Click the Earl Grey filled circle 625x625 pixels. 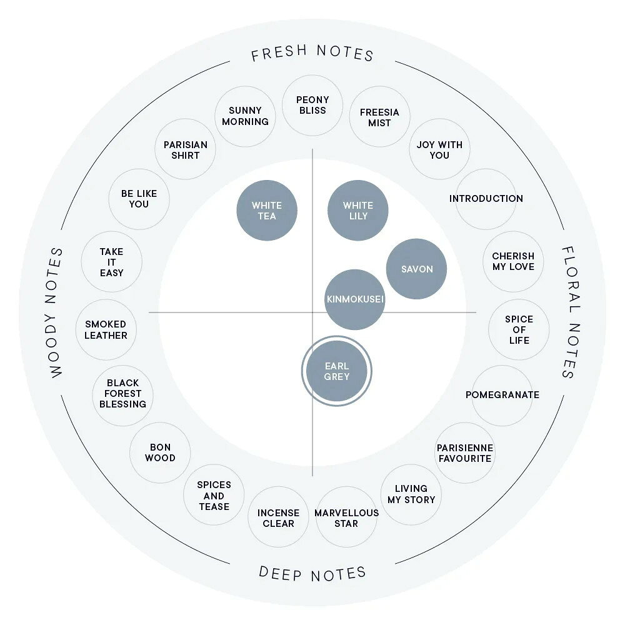[337, 371]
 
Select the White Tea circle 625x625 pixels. [267, 211]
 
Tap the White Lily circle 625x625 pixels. [358, 211]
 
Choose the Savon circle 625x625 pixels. [416, 269]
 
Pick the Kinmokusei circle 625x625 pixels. [355, 299]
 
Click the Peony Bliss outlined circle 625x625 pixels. [312, 105]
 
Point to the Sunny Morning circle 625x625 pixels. [245, 116]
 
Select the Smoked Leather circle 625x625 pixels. [106, 329]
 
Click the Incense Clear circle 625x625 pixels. [278, 517]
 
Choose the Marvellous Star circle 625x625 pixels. [346, 517]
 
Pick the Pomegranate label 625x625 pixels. [502, 395]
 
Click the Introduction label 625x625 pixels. [486, 199]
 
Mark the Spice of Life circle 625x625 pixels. [519, 329]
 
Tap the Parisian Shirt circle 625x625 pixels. [186, 149]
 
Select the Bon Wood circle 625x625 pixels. [160, 452]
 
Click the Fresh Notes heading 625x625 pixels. [312, 52]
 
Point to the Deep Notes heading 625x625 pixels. [312, 574]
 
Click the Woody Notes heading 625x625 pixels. [56, 312]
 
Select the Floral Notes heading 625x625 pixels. [570, 312]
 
